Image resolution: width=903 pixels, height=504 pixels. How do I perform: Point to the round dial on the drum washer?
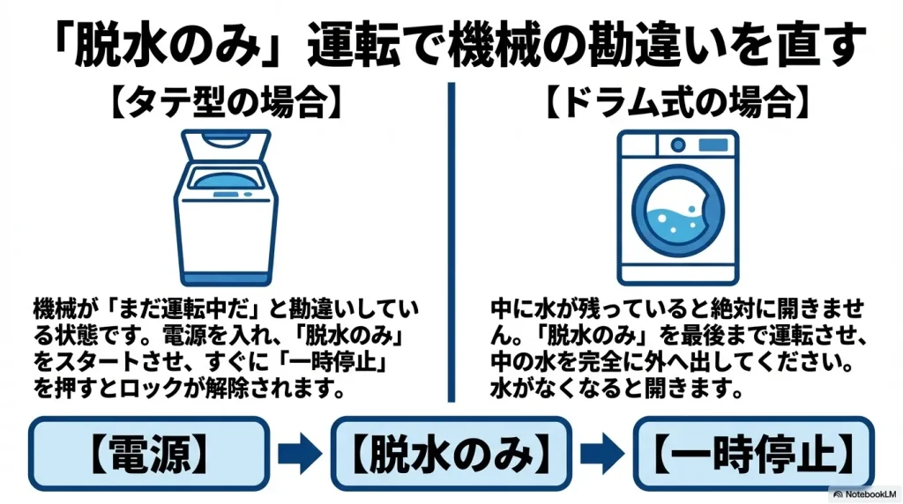point(676,145)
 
